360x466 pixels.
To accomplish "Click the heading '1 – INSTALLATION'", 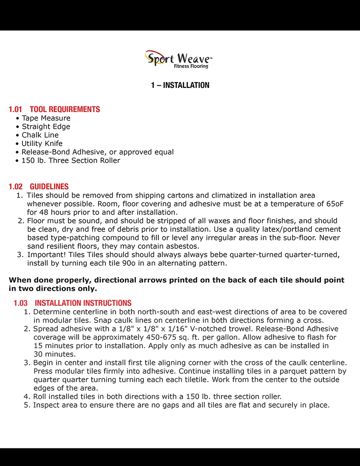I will click(x=180, y=85).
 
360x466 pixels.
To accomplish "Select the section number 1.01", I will click(x=15, y=109).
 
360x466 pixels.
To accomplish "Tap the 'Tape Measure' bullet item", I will click(x=46, y=118).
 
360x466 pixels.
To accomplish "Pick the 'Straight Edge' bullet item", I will click(x=46, y=127).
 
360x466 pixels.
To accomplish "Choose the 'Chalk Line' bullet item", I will click(x=40, y=135).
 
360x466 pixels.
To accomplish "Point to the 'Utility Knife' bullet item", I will click(x=42, y=143).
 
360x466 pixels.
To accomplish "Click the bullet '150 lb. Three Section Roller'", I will click(x=71, y=161).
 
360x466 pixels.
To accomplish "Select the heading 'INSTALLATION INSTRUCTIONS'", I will click(x=83, y=303).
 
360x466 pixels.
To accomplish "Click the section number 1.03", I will click(x=20, y=303).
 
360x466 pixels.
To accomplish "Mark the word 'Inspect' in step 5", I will click(x=47, y=405).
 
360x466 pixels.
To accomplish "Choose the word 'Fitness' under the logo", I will click(x=181, y=66).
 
